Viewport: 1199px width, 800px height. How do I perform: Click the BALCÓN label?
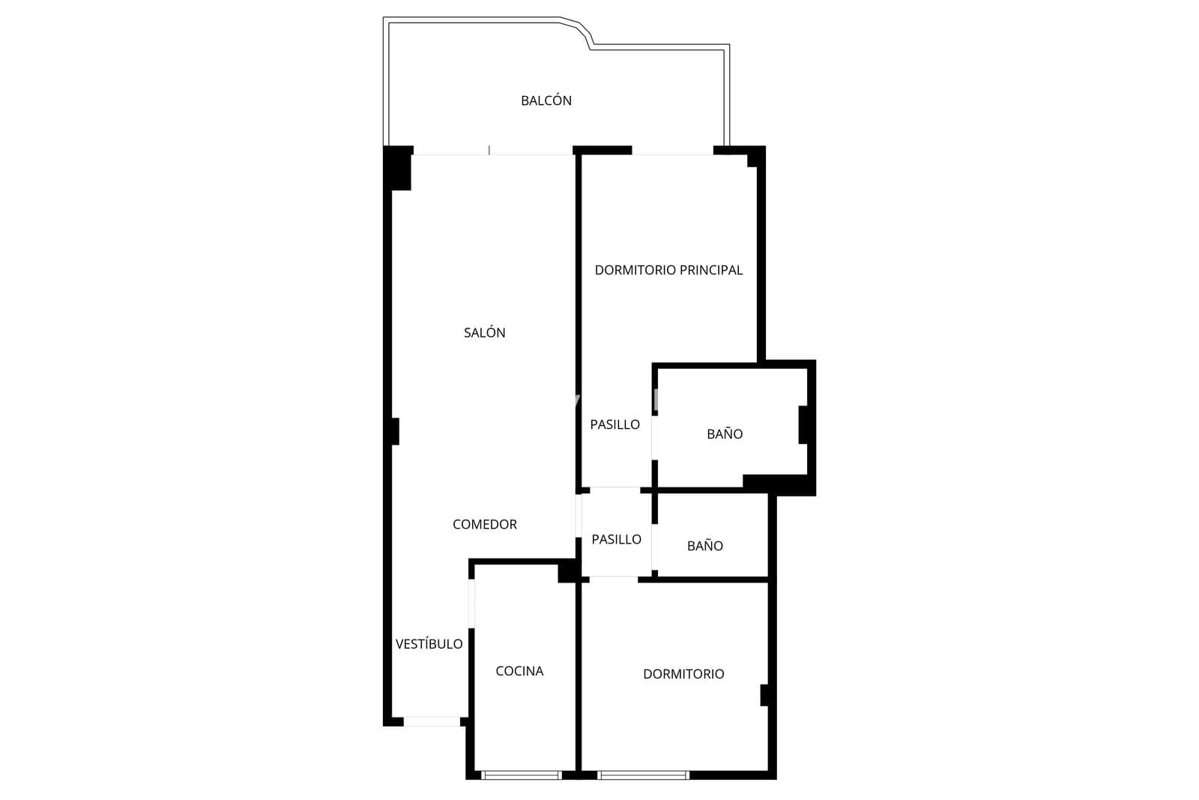click(546, 100)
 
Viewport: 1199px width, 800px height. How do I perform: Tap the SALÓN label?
click(484, 333)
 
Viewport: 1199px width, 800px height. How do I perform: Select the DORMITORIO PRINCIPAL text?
click(668, 270)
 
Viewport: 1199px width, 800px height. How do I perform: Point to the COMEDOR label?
click(484, 524)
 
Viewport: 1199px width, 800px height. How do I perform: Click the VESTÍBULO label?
click(429, 643)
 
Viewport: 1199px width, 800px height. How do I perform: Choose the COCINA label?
click(519, 671)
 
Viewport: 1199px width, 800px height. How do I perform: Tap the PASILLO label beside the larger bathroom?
click(614, 424)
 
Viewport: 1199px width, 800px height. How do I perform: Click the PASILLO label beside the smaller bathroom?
click(616, 539)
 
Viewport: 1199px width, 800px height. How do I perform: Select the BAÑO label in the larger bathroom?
click(725, 433)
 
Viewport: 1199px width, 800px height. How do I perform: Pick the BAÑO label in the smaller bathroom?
click(705, 546)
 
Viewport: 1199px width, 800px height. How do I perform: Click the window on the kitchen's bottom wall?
click(522, 775)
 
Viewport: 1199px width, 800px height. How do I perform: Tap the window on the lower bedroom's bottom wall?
click(644, 775)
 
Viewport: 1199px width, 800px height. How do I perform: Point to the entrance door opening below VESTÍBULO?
click(432, 722)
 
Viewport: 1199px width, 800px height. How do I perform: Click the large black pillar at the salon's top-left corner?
click(398, 168)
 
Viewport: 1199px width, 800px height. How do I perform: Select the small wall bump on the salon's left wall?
click(395, 432)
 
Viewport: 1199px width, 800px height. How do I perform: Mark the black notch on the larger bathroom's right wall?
click(803, 424)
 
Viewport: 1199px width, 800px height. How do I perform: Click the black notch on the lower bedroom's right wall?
click(765, 695)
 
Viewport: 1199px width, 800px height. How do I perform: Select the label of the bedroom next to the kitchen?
click(683, 673)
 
